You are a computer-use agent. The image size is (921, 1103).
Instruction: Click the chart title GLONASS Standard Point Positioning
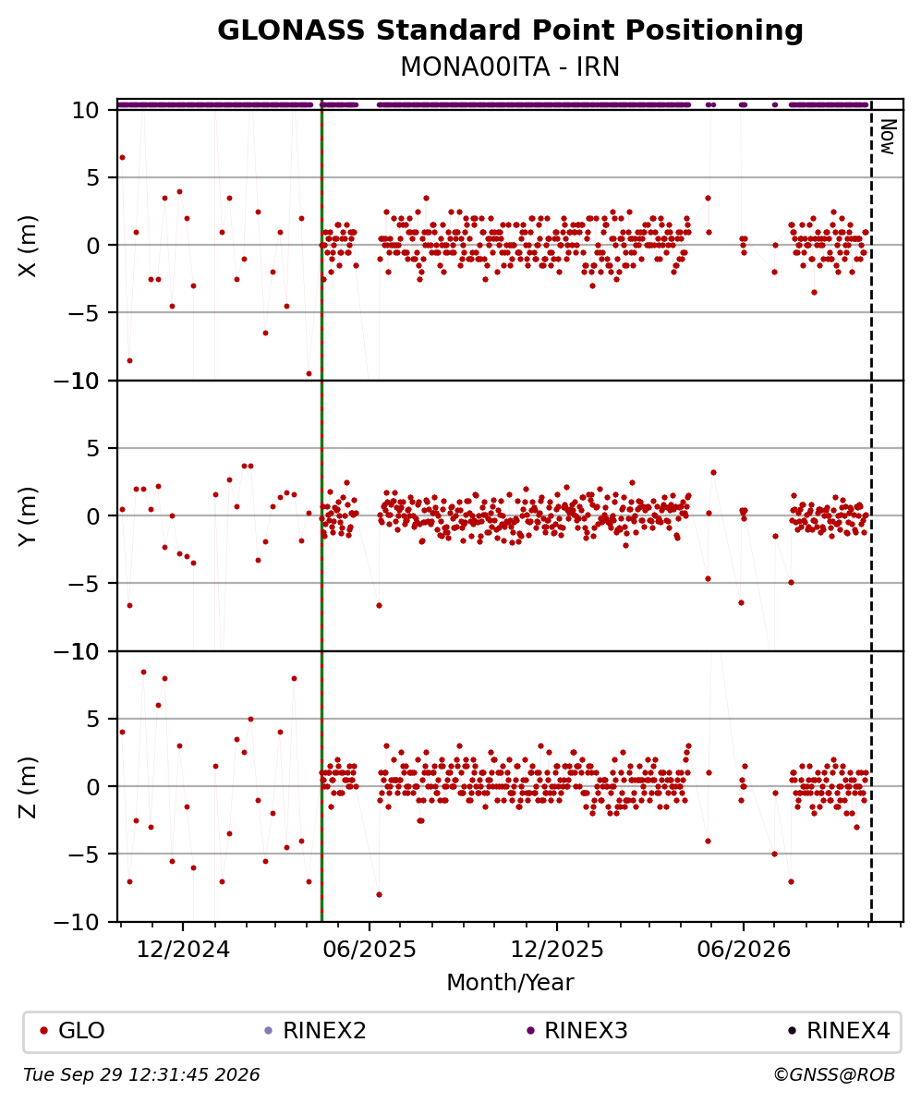coord(510,30)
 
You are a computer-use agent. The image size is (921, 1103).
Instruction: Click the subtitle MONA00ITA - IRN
coord(510,67)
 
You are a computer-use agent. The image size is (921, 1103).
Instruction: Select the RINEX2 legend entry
coord(315,1031)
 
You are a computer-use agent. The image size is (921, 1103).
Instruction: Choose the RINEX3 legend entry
coord(577,1031)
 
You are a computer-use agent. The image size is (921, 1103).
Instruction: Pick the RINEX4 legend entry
coord(839,1031)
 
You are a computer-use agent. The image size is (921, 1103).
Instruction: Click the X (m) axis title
coord(28,246)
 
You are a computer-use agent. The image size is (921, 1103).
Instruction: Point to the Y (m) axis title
coord(28,516)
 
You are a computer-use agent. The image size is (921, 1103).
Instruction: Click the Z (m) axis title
coord(28,787)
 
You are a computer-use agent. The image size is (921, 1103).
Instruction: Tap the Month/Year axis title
coord(510,982)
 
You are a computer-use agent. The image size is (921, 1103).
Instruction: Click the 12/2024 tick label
coord(183,950)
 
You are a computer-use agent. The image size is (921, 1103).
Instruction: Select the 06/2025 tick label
coord(370,950)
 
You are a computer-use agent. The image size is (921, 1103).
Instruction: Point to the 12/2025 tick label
coord(556,950)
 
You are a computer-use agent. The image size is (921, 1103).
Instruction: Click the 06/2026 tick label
coord(744,950)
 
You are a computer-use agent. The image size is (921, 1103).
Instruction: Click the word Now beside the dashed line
coord(889,137)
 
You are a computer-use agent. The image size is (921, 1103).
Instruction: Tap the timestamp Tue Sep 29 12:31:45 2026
coord(141,1075)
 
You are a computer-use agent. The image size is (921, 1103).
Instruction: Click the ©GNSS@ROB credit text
coord(834,1075)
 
